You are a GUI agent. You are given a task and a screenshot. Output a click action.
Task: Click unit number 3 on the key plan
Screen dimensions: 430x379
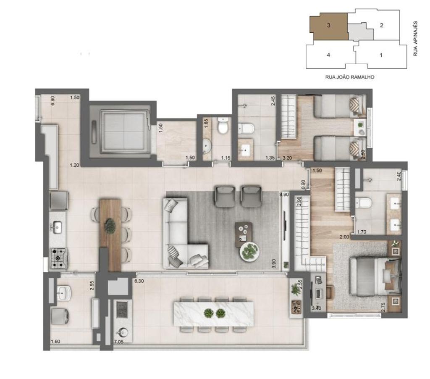coord(328,25)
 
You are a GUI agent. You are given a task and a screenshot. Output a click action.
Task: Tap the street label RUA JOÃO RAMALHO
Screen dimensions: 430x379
coord(350,77)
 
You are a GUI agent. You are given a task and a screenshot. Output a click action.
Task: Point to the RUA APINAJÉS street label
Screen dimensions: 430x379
coord(415,39)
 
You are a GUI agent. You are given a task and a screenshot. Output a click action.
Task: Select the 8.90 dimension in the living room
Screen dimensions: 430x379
coord(284,194)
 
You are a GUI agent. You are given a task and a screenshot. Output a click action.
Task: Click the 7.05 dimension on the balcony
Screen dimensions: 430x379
coord(119,342)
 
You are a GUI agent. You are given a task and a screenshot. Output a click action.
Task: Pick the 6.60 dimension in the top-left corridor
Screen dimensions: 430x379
coord(53,100)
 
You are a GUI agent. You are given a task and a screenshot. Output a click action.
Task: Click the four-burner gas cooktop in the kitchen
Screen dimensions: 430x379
coord(58,258)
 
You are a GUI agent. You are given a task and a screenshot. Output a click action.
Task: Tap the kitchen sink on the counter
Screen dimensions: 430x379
coord(57,227)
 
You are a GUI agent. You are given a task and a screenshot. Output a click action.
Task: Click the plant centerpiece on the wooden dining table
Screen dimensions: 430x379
coord(110,226)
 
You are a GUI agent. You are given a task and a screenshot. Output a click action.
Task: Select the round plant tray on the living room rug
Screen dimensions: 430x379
coord(249,251)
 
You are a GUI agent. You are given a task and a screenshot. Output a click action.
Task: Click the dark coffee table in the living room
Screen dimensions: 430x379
coord(244,234)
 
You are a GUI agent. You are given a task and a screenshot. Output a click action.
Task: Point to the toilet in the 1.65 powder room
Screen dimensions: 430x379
coord(223,125)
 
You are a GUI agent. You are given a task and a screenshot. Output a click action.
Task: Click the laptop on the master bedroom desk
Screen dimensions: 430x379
coord(318,294)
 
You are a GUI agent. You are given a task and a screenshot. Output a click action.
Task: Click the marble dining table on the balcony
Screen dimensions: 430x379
coord(213,314)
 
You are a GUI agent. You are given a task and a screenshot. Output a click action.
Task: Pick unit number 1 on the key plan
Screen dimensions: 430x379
coord(381,55)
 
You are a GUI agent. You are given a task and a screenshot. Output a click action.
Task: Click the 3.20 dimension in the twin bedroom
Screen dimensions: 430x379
coord(287,158)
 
